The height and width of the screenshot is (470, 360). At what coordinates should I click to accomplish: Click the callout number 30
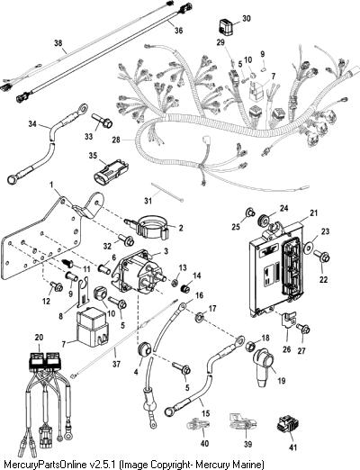[246, 19]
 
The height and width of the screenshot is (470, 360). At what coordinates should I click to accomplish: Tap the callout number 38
[58, 43]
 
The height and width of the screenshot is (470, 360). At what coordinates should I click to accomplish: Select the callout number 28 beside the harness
[116, 140]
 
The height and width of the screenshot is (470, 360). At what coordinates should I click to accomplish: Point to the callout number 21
[314, 213]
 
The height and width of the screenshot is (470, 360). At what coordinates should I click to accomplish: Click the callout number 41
[292, 447]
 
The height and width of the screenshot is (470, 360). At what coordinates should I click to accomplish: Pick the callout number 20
[39, 338]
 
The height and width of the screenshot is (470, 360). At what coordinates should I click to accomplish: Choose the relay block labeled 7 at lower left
[92, 327]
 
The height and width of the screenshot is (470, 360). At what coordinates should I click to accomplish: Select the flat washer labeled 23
[309, 247]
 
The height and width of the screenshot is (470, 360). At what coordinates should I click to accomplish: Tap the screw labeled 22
[322, 257]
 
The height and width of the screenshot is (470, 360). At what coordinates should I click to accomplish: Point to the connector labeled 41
[283, 426]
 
